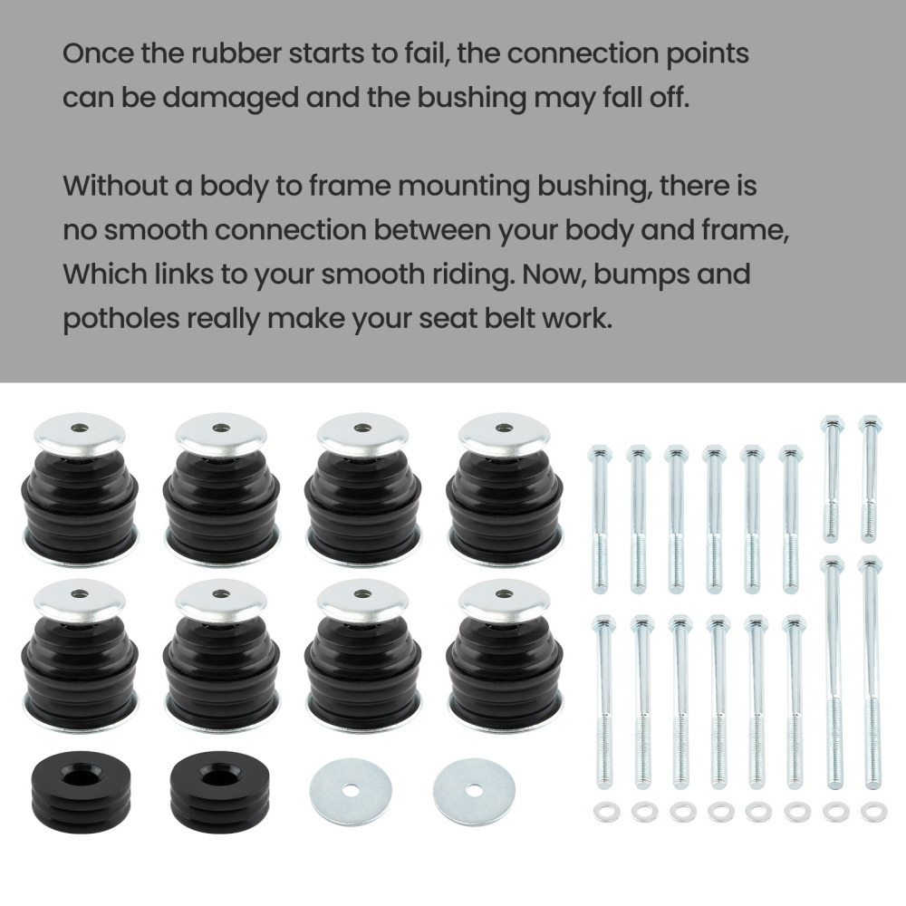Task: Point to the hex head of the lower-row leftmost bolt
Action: [x=603, y=622]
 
